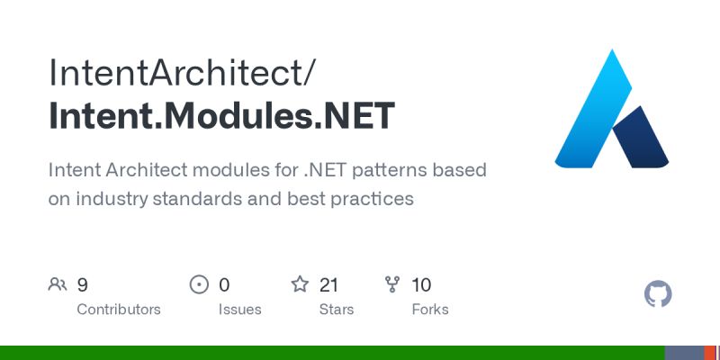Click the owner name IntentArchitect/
tap(182, 71)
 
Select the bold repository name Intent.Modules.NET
tap(221, 116)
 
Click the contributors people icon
tap(58, 285)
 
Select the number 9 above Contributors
tap(83, 285)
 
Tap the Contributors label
tap(119, 309)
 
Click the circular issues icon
tap(199, 285)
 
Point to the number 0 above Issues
tap(224, 285)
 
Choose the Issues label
tap(239, 309)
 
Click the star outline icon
tap(300, 285)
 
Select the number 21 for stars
tap(328, 285)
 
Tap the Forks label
tap(429, 309)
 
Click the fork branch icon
tap(392, 285)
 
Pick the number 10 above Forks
tap(421, 285)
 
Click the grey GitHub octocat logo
tap(659, 294)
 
